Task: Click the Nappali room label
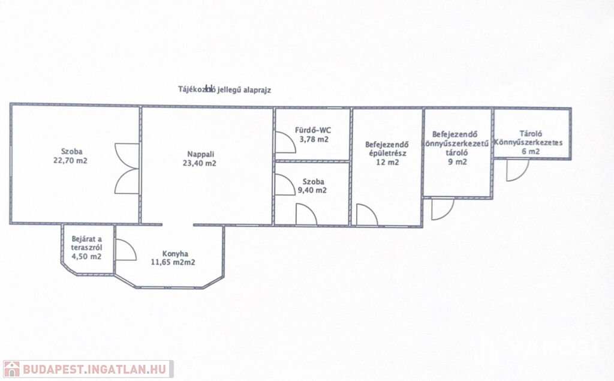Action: click(x=200, y=154)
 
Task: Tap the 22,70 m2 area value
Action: click(x=71, y=160)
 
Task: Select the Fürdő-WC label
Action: click(x=313, y=130)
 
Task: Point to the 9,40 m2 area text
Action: click(x=312, y=191)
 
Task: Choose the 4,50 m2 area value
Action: click(x=86, y=257)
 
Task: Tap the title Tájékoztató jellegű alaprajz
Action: click(x=224, y=89)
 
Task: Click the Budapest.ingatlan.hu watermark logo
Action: click(x=88, y=369)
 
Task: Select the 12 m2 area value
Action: click(x=388, y=162)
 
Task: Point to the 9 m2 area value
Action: click(x=458, y=161)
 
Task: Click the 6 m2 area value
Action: click(x=531, y=151)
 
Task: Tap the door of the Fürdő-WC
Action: click(x=285, y=142)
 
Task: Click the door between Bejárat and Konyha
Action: click(x=126, y=249)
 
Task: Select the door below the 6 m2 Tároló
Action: click(x=517, y=170)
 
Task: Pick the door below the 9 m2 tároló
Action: click(x=443, y=209)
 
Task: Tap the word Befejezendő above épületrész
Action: click(x=387, y=144)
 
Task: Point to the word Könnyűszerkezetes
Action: click(x=528, y=142)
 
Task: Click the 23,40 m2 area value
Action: click(x=200, y=163)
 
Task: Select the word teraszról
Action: click(x=86, y=247)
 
